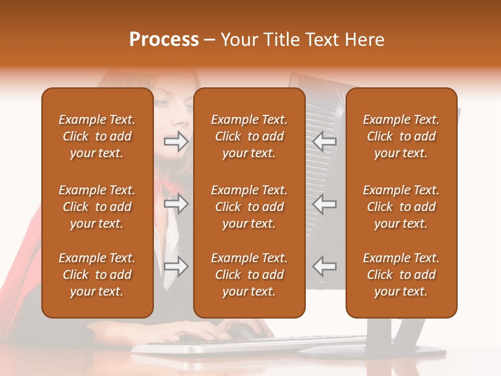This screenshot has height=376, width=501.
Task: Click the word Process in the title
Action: [164, 40]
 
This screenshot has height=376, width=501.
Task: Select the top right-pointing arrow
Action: [176, 141]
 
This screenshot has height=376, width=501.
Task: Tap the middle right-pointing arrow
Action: [176, 204]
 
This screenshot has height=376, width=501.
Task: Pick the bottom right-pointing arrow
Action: [176, 266]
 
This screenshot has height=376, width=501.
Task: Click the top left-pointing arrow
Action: [325, 141]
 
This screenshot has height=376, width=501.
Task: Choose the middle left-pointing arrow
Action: [325, 204]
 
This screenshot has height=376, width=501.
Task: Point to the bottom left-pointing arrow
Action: [325, 266]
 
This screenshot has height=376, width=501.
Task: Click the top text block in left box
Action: [97, 136]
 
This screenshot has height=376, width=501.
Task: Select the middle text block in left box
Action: [97, 207]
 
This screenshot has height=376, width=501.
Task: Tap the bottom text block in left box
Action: [97, 275]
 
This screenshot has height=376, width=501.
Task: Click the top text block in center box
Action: [249, 136]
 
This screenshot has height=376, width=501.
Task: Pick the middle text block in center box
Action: [249, 207]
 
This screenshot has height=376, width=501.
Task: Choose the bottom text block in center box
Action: [249, 275]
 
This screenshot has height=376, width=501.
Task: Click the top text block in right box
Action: [401, 136]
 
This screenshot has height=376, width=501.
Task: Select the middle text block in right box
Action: [401, 207]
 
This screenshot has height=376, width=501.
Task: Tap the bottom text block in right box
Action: [401, 275]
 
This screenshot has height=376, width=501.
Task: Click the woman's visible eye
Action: [163, 103]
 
